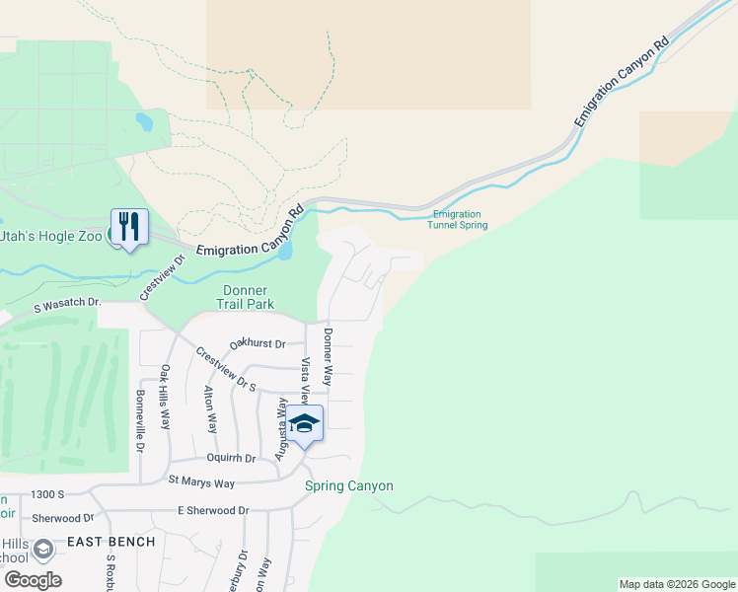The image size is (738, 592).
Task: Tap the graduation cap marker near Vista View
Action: click(x=305, y=422)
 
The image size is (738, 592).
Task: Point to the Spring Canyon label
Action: click(x=349, y=485)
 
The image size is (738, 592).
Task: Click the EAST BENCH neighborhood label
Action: click(x=111, y=542)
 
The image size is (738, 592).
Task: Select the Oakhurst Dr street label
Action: click(x=258, y=343)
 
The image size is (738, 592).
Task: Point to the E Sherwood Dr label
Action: click(x=215, y=510)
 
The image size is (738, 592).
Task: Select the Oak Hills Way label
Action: click(x=166, y=398)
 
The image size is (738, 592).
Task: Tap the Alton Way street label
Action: click(x=211, y=409)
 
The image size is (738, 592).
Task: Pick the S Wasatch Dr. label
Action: click(x=67, y=305)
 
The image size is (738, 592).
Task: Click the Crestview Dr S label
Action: click(x=225, y=369)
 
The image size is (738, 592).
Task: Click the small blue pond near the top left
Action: click(x=145, y=122)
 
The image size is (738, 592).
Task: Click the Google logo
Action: click(x=33, y=580)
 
